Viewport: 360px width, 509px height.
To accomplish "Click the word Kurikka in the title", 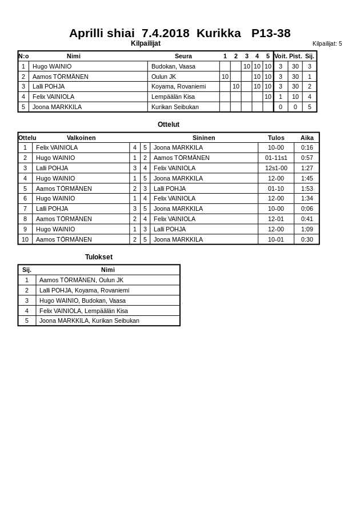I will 218,33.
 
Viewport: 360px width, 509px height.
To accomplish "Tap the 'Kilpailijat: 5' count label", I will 327,43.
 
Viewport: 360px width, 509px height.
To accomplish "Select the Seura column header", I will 183,56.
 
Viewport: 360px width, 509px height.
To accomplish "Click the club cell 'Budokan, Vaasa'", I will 173,66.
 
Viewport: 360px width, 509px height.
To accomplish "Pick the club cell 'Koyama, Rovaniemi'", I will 178,86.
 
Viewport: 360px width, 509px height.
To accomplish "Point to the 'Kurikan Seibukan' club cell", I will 175,107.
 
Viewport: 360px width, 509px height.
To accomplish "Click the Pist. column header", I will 295,56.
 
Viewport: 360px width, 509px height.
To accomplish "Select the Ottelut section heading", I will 169,125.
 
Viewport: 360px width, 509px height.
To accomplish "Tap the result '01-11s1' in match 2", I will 276,158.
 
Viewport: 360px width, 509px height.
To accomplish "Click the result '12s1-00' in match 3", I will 276,168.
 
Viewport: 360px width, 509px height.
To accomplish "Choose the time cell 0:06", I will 307,209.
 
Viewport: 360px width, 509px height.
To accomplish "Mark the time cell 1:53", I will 307,189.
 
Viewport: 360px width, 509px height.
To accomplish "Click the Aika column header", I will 307,138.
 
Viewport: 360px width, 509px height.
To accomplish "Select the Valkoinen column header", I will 81,138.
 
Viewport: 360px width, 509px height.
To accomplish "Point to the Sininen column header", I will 204,138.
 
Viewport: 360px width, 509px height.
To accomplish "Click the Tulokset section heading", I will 99,257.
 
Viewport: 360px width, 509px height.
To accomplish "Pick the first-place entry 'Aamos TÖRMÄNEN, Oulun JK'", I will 81,280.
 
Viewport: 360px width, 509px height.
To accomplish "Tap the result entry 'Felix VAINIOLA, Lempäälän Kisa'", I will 83,311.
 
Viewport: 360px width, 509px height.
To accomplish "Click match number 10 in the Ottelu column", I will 25,239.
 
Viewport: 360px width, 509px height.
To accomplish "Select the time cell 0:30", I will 307,239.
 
